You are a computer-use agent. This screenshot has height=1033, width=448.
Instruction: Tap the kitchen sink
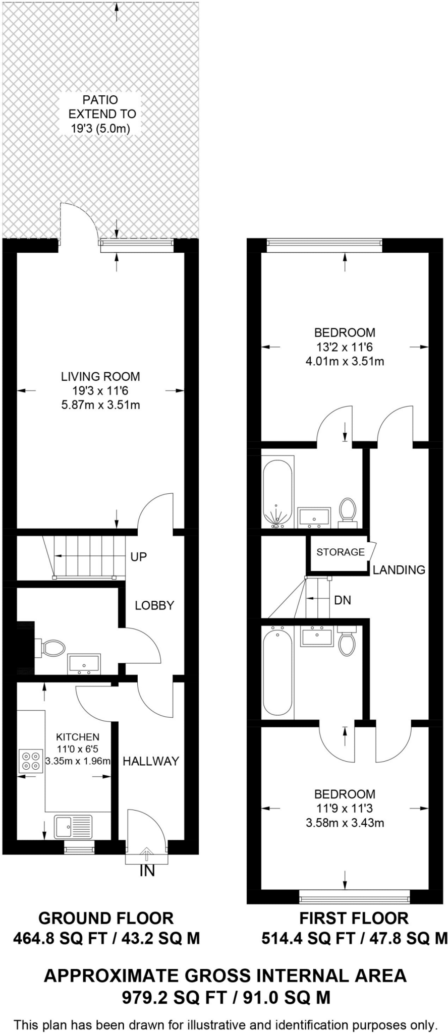[x=73, y=826]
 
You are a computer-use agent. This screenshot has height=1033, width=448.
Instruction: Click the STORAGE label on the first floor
[x=341, y=552]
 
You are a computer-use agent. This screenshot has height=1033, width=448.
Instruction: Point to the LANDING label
[x=399, y=570]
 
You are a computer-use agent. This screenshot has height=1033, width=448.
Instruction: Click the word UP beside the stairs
[x=138, y=557]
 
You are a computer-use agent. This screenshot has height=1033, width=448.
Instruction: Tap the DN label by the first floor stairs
[x=343, y=600]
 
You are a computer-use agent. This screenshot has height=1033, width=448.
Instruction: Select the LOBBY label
[x=154, y=605]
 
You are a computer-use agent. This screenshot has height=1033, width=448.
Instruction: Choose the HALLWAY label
[x=151, y=761]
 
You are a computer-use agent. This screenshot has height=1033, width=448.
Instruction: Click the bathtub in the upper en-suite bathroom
[x=277, y=492]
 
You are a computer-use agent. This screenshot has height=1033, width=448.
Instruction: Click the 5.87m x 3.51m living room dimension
[x=100, y=405]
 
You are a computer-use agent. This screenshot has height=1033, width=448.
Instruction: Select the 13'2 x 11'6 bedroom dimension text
[x=345, y=347]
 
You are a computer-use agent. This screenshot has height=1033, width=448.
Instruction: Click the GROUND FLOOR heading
[x=106, y=917]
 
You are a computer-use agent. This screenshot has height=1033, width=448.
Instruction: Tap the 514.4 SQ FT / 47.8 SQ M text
[x=354, y=938]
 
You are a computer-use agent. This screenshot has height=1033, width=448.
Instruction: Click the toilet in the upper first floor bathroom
[x=347, y=510]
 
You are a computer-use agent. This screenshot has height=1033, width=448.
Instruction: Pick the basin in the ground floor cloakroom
[x=84, y=663]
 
